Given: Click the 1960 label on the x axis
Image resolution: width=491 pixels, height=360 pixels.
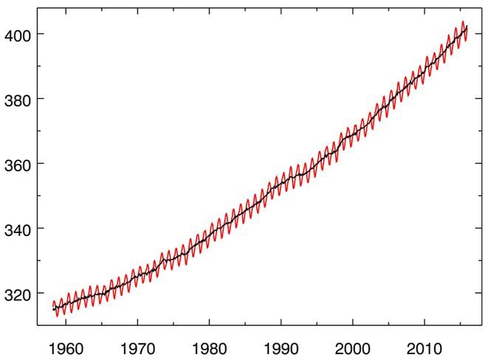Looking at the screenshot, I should [x=65, y=345].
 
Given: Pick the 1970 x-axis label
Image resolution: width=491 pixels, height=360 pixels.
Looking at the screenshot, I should [x=137, y=345].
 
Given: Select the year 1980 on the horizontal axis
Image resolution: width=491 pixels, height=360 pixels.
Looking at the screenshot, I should [x=209, y=345].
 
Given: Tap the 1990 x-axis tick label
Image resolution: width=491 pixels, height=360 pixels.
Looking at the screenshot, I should [x=281, y=345].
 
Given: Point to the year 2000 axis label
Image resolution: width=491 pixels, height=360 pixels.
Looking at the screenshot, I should [x=353, y=345].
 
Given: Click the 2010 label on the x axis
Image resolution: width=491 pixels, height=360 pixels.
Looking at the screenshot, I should [x=425, y=345].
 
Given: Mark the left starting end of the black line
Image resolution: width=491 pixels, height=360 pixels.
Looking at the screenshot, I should [x=53, y=309].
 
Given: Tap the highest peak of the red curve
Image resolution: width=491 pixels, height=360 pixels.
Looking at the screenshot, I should [x=463, y=22].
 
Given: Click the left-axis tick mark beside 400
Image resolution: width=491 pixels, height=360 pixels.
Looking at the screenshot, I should [x=40, y=35].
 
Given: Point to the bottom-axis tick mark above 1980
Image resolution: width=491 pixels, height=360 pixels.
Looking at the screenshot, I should [x=209, y=323].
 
